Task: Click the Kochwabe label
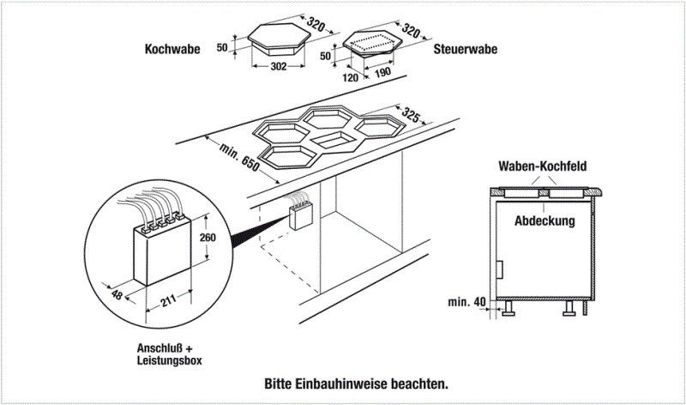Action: coord(171,50)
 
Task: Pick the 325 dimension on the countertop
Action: coord(412,115)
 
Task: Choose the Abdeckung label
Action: coord(544,221)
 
